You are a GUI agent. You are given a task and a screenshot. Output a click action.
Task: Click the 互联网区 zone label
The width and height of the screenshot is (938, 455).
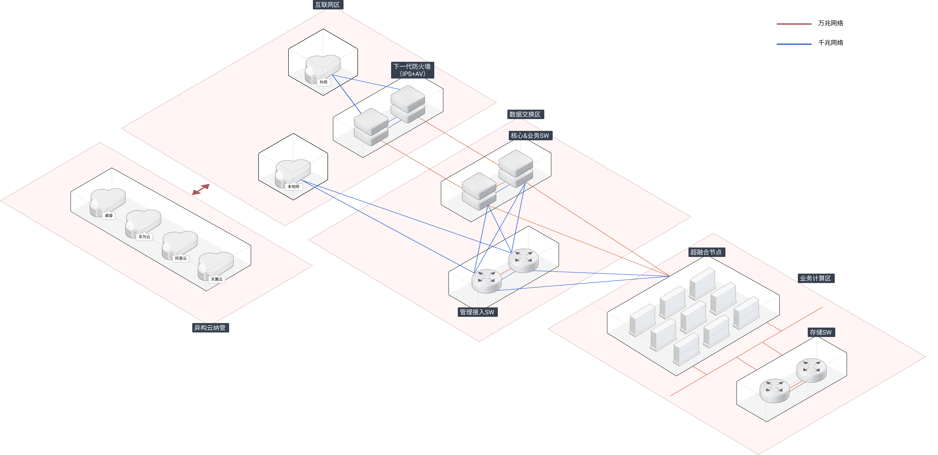coord(327,5)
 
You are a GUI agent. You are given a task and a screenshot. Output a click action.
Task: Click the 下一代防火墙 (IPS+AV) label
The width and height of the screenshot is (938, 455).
coord(412,70)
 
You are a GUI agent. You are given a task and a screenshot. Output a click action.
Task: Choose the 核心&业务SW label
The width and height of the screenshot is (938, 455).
coord(530,136)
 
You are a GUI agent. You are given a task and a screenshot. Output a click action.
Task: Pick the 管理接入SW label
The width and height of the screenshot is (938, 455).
coord(477,312)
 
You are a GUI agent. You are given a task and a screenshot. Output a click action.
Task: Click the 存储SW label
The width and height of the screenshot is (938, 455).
coord(821,332)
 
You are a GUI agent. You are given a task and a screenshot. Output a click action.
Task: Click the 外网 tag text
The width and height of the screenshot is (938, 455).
coord(323,82)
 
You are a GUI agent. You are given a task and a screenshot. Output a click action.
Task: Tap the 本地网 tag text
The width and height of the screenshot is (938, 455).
coord(294,187)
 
